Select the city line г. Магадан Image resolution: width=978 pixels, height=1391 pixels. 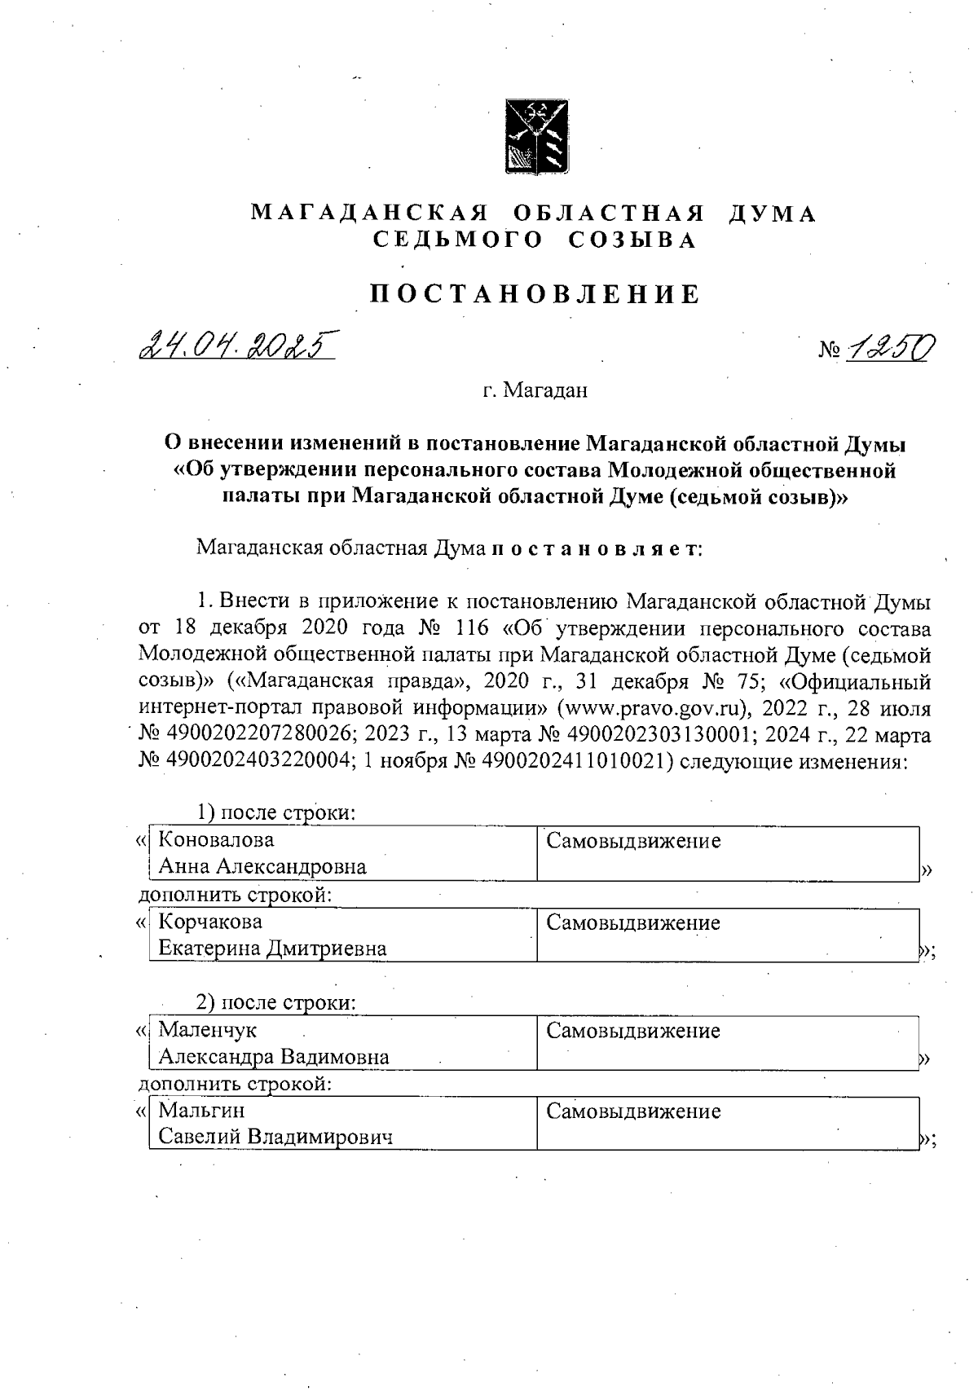535,391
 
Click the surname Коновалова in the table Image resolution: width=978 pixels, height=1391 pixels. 216,839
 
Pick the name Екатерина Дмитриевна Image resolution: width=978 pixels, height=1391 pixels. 272,949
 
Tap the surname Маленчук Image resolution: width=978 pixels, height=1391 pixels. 207,1030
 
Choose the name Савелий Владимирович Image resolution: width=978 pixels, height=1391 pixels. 275,1137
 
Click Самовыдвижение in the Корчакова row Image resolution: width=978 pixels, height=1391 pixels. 633,923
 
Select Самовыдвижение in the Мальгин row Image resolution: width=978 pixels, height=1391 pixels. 633,1111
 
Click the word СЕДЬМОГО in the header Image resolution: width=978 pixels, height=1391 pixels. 459,240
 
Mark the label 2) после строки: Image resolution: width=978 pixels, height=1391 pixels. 276,1001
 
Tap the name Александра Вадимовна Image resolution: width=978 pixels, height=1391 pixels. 274,1057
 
